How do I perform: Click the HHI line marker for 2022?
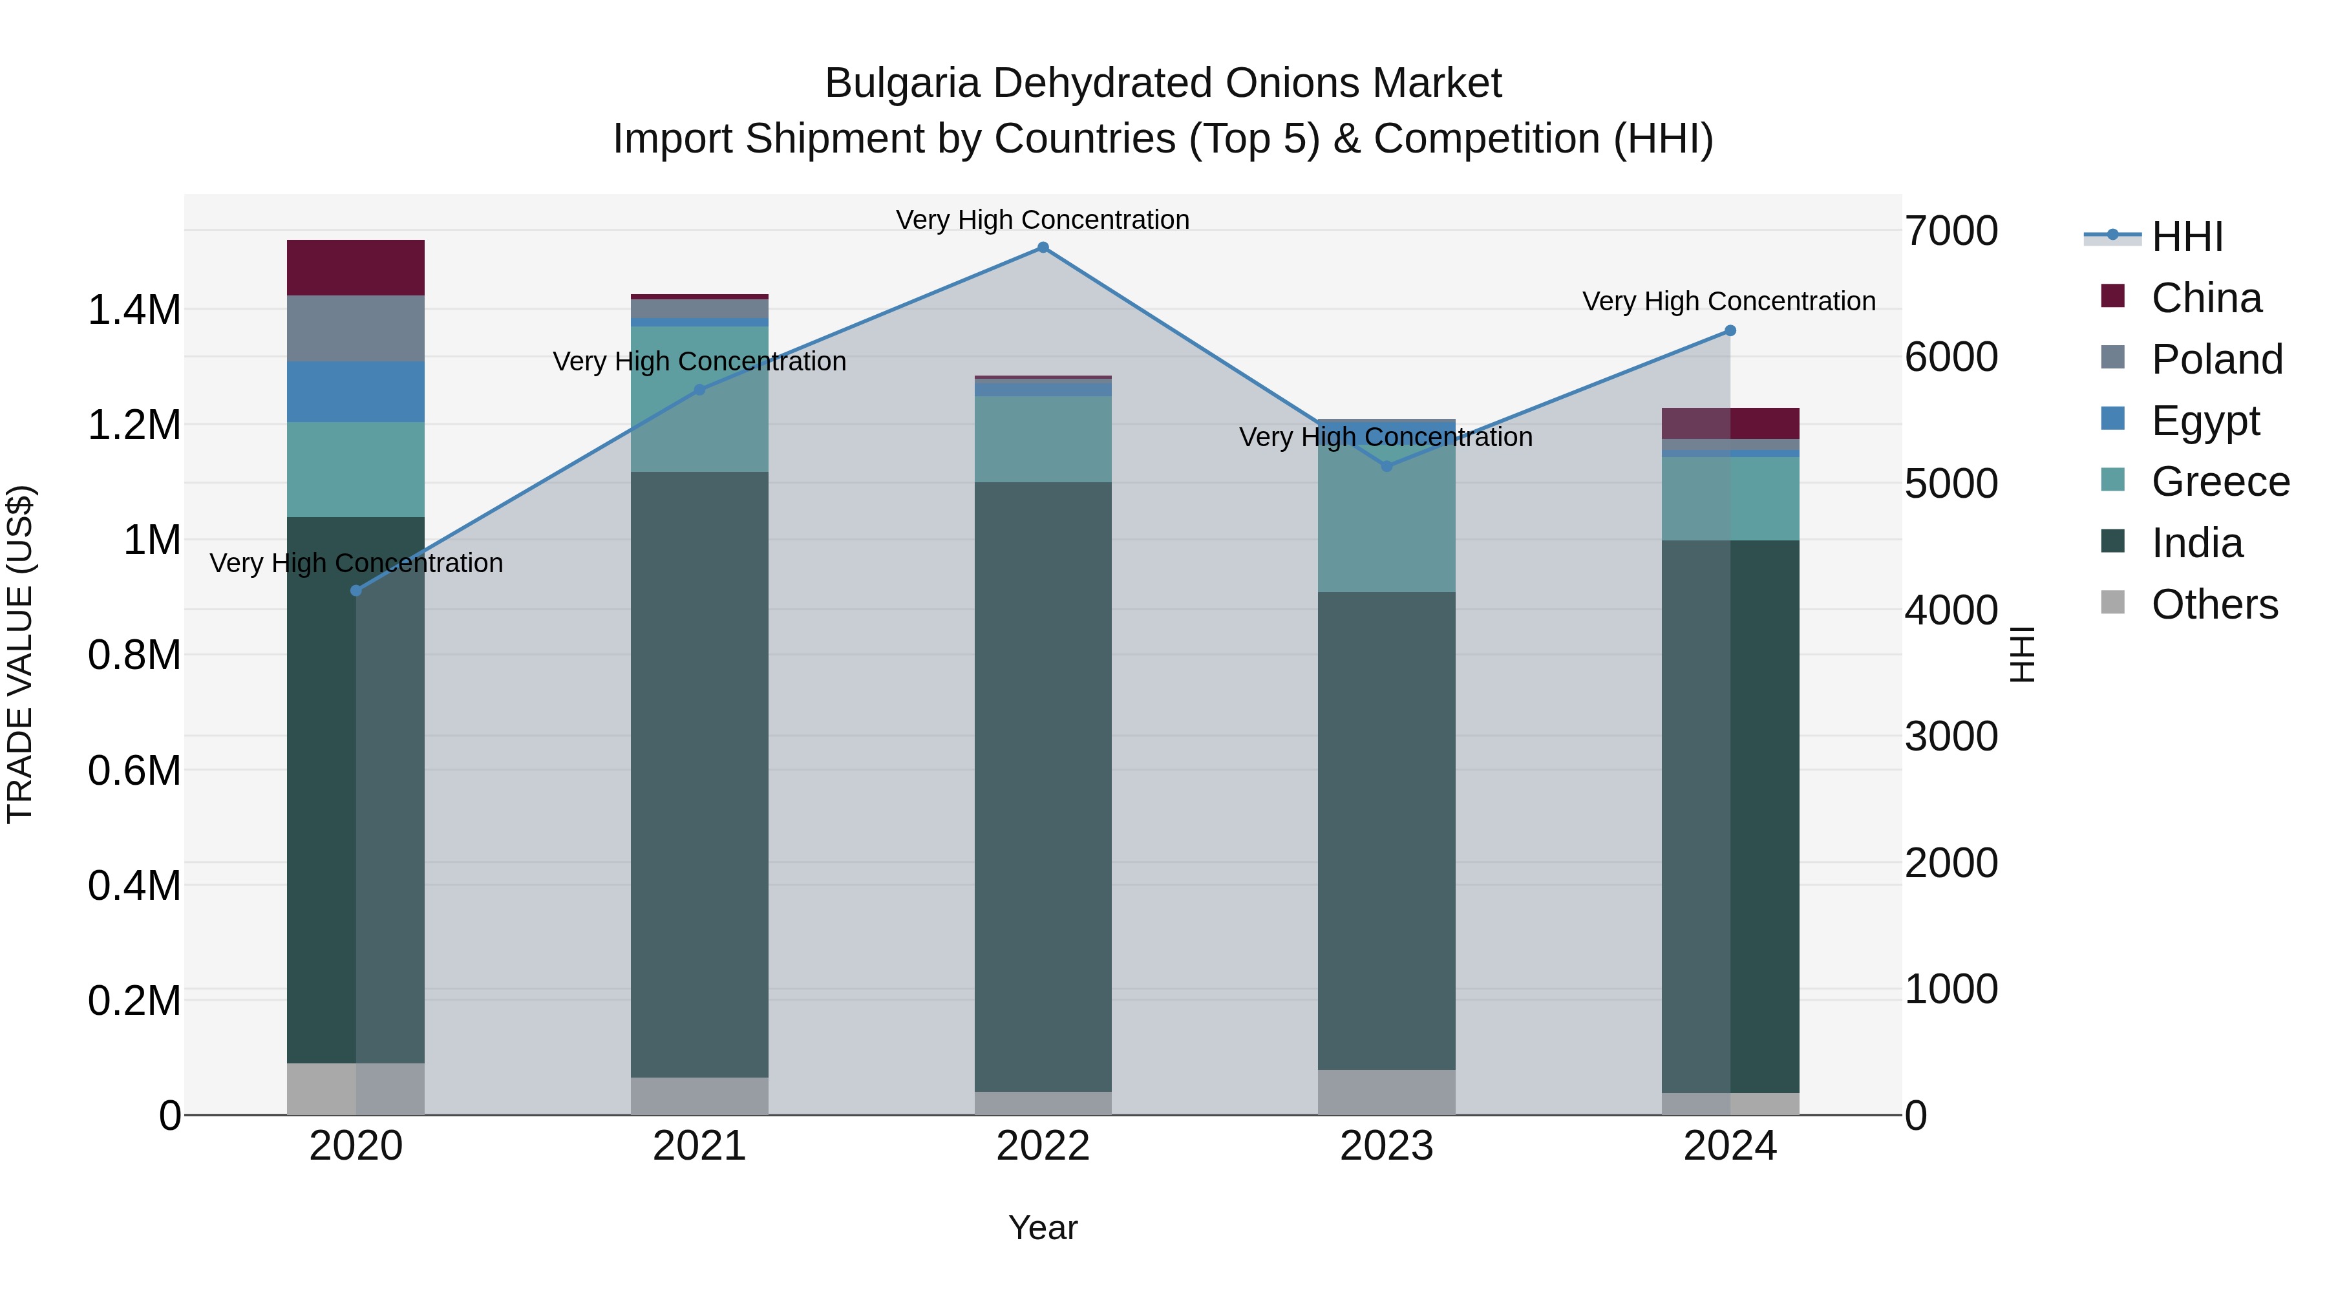click(1043, 248)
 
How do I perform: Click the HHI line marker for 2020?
click(356, 591)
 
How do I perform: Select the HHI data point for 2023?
click(1387, 466)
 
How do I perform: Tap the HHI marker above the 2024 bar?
click(1730, 330)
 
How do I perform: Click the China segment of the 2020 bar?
click(356, 268)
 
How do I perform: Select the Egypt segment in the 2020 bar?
click(356, 391)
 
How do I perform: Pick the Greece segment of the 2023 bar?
click(1387, 515)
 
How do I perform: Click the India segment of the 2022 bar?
click(1043, 786)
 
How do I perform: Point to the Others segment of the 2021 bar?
click(699, 1095)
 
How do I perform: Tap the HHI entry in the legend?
click(2186, 237)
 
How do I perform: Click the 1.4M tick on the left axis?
click(134, 310)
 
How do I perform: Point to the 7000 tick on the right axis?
click(1951, 231)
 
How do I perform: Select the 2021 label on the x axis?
click(699, 1145)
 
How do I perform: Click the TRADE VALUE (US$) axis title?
click(20, 654)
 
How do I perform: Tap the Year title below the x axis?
click(1043, 1228)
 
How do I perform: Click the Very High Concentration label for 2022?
click(1043, 220)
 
